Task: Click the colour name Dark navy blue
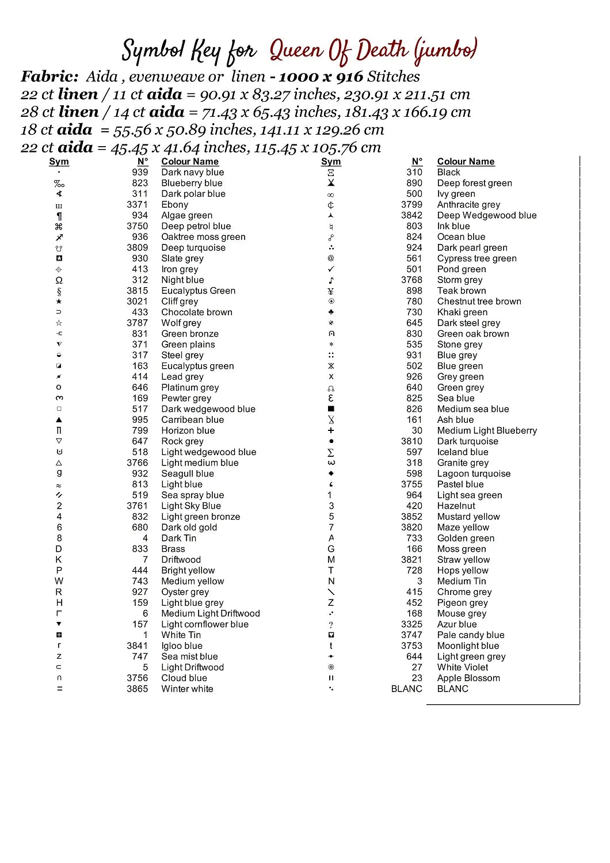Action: click(192, 172)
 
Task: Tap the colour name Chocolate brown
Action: click(197, 312)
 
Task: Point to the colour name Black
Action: click(448, 172)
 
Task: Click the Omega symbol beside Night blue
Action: click(59, 280)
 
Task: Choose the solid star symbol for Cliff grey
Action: click(59, 301)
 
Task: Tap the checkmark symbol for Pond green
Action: click(331, 269)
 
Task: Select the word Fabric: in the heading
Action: click(49, 77)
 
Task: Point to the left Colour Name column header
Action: click(190, 162)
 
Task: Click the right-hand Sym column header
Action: click(331, 162)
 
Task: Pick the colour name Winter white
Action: click(187, 689)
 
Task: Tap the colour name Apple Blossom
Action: click(468, 678)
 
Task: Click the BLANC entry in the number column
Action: click(406, 689)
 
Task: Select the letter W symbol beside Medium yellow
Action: click(59, 581)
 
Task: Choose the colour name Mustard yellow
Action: click(468, 517)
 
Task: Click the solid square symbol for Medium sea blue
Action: click(331, 409)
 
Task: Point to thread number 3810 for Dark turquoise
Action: click(411, 441)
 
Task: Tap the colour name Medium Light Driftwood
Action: click(211, 613)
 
